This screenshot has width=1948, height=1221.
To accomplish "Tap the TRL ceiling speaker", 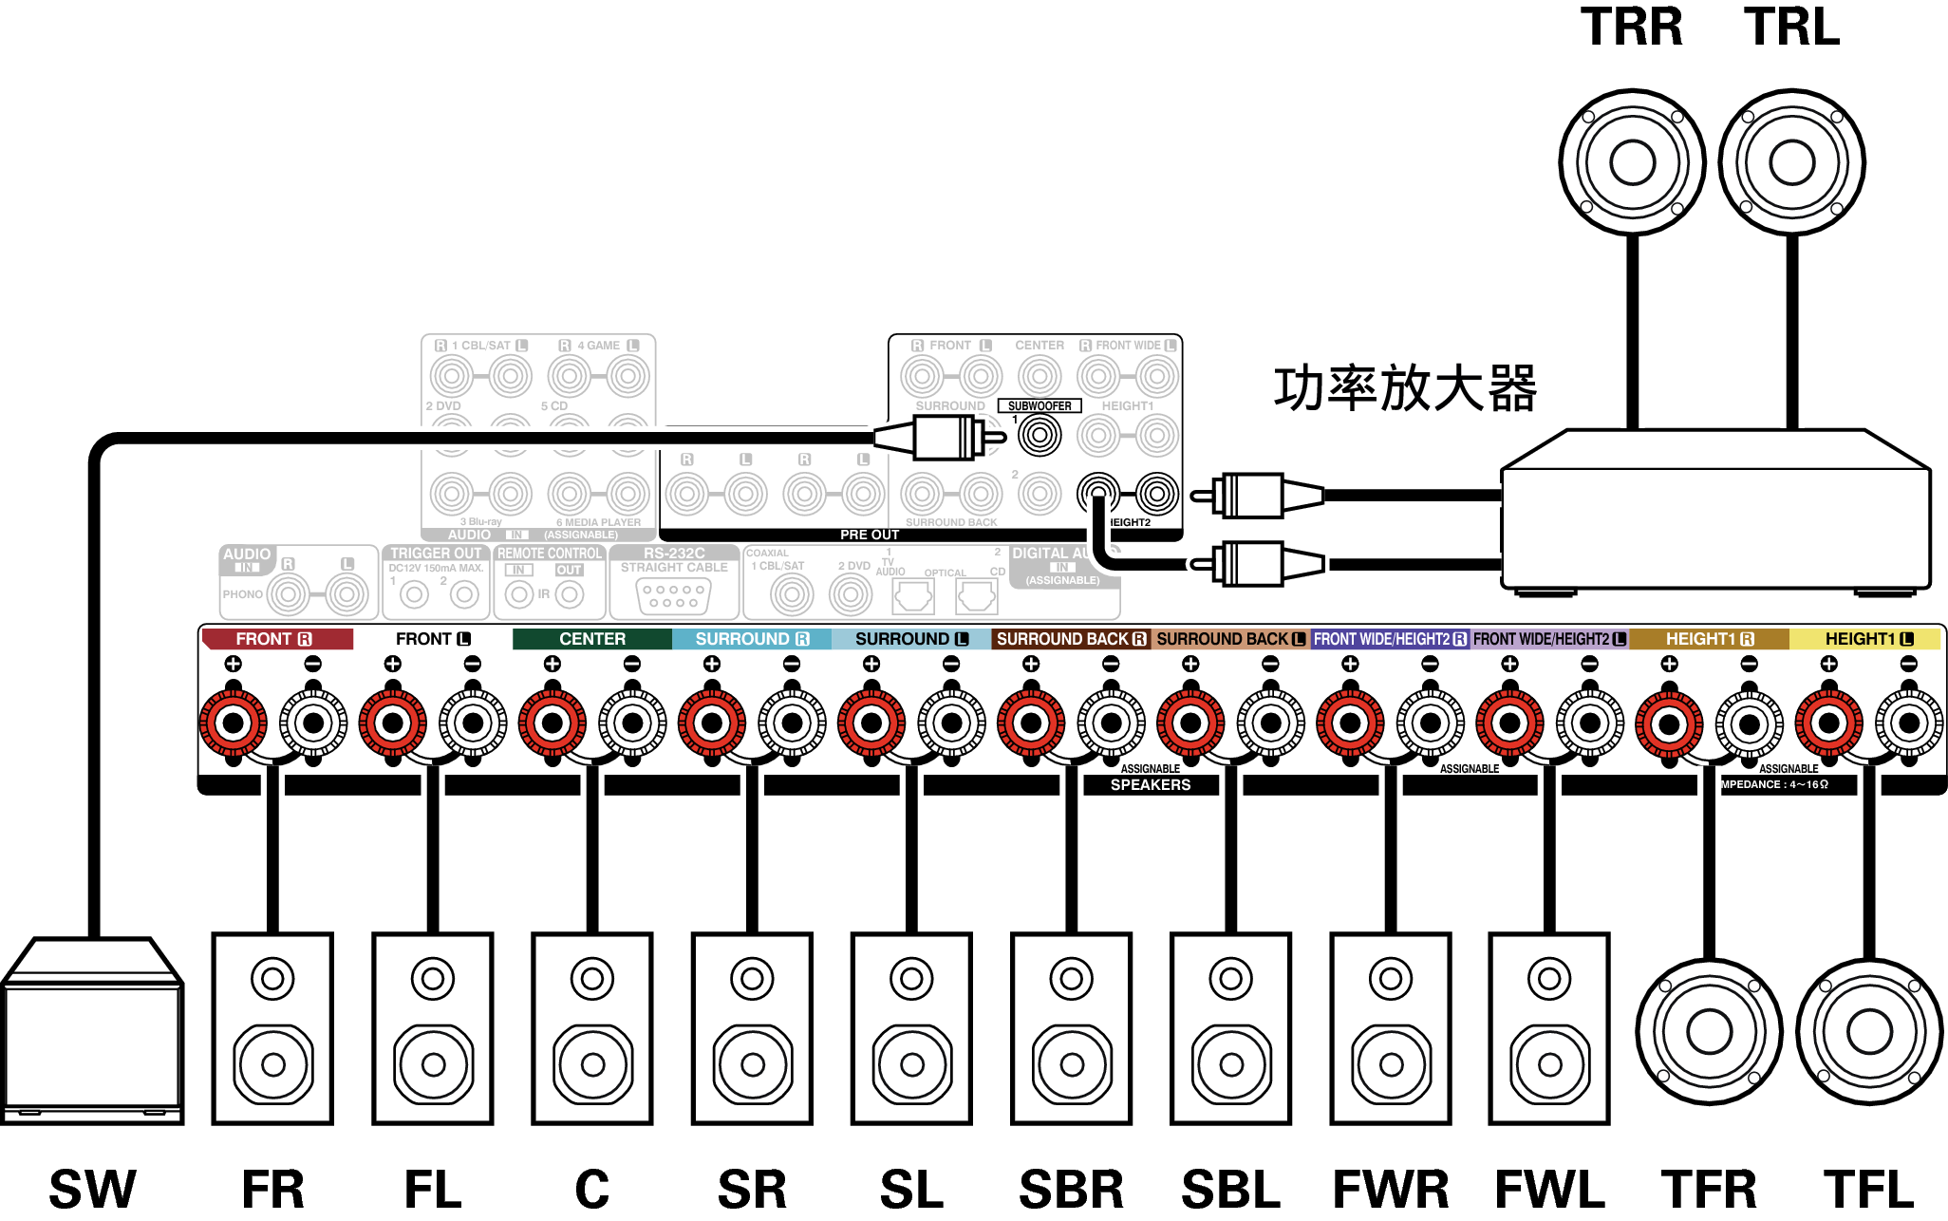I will coord(1791,162).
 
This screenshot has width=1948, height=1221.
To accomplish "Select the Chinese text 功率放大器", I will coord(1405,388).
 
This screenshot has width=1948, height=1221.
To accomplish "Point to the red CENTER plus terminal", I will coord(552,723).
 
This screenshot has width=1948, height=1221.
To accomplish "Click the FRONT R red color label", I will coord(275,639).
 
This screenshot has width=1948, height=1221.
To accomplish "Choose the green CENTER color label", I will coord(591,639).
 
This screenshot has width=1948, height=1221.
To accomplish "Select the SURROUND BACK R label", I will coord(1071,639).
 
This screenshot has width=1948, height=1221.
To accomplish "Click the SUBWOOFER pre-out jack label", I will coord(1040,406).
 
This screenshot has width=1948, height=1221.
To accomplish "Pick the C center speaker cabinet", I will coord(592,1028).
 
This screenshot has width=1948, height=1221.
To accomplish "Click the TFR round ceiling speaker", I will coord(1709,1032).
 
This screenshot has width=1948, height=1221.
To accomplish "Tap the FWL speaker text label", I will coord(1549,1189).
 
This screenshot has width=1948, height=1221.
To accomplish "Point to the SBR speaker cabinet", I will coord(1071,1028).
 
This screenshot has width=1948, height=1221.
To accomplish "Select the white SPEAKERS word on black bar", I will coord(1151,785).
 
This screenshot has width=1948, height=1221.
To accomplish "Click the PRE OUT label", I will coord(869,535).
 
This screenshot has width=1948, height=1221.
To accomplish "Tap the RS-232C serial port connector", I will coord(674,595).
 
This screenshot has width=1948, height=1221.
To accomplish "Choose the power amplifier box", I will coord(1714,513).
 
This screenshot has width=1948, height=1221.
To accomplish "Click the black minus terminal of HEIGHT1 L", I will coord(1908,723).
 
